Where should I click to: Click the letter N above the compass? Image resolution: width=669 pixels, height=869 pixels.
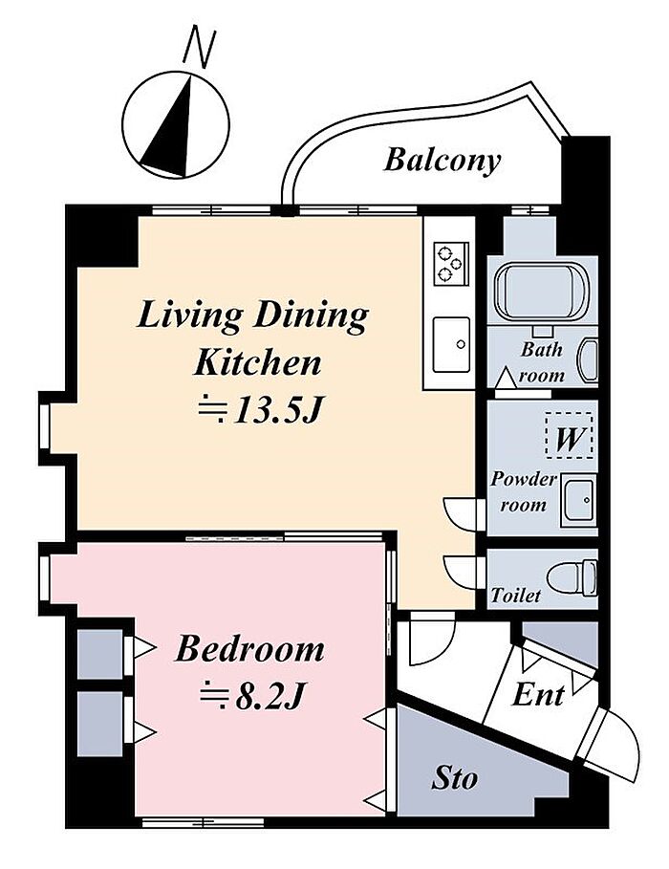pos(199,49)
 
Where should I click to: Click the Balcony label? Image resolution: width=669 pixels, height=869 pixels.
pos(442,162)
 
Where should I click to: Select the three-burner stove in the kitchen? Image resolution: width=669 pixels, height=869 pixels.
pos(450,263)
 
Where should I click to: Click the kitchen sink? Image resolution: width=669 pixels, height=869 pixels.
pos(451,345)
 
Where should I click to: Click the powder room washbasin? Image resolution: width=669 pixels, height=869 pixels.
pos(578,500)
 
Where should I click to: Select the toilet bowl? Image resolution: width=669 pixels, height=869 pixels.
pos(571,578)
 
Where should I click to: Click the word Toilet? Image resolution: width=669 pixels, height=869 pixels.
pos(515,596)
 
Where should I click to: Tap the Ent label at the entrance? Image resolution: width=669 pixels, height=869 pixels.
pos(538,694)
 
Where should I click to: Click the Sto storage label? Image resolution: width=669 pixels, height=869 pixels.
pos(455,778)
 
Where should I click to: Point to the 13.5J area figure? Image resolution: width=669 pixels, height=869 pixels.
pos(260,410)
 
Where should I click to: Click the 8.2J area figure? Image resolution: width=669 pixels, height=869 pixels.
pos(251,696)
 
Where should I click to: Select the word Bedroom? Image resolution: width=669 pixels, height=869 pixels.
pos(249,649)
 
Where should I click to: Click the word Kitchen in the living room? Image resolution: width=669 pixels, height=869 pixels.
pos(257,362)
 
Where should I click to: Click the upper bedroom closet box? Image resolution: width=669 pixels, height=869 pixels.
pos(99,654)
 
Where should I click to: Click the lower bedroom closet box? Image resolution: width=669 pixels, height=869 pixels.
pos(99,724)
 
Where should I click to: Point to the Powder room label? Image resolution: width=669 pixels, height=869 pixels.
pos(522,491)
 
